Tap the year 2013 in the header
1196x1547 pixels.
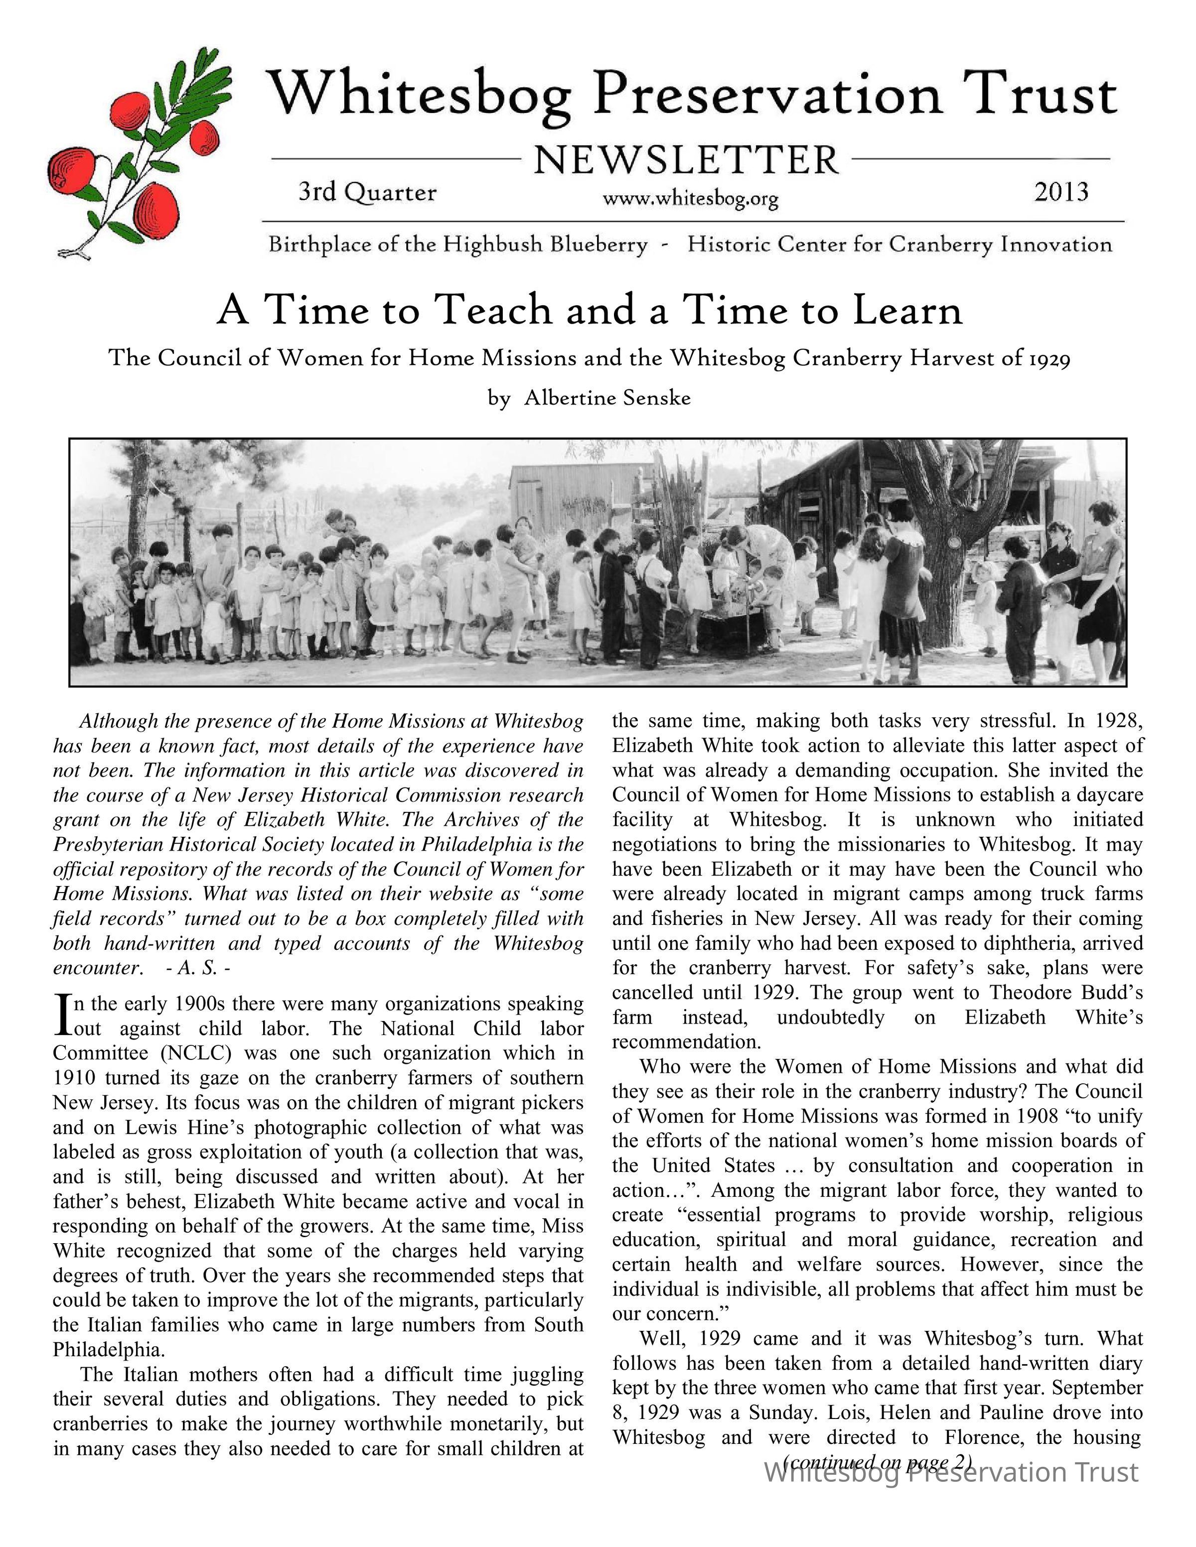pos(1060,192)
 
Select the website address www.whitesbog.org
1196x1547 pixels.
pos(690,200)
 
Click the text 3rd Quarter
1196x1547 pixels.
pos(367,193)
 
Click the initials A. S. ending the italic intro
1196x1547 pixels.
pos(197,968)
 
